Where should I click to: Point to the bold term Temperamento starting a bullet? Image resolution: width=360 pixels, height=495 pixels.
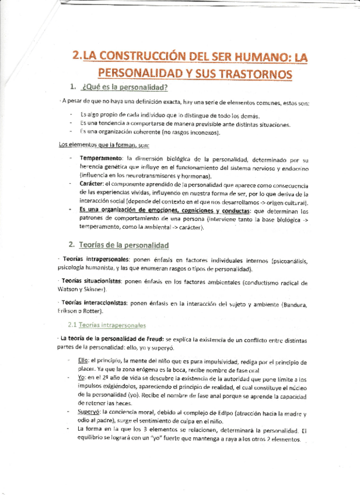pos(100,159)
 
